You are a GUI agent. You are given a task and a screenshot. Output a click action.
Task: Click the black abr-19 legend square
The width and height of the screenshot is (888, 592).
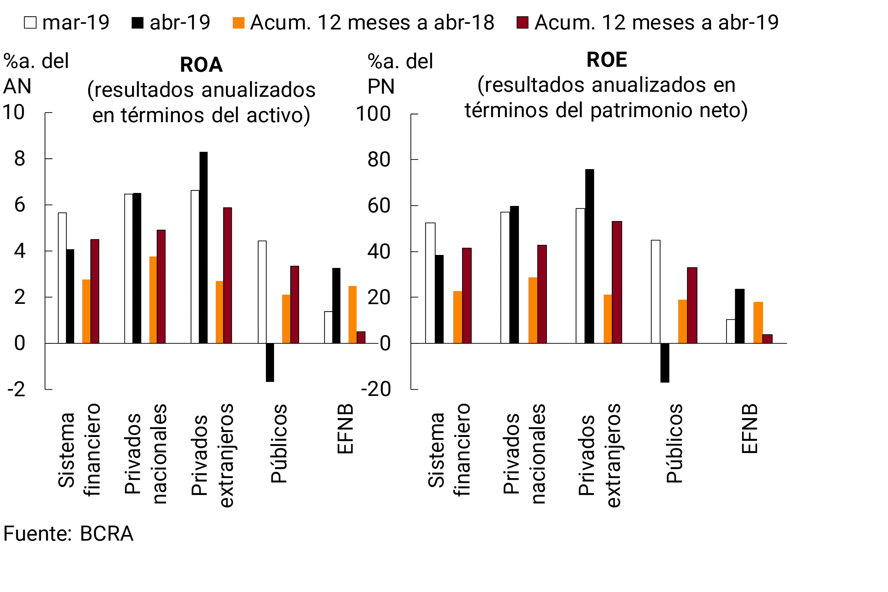pos(138,23)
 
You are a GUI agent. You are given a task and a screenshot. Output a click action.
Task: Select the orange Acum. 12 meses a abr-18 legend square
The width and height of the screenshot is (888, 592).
pos(238,23)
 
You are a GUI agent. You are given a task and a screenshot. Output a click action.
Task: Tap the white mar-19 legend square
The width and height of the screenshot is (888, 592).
pos(30,23)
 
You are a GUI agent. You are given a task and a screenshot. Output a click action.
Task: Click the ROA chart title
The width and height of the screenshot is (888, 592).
pos(201,65)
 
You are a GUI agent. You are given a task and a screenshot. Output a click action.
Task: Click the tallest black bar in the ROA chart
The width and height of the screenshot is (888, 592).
pos(204,248)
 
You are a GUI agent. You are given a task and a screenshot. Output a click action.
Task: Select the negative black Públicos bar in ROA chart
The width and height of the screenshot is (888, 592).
pos(270,362)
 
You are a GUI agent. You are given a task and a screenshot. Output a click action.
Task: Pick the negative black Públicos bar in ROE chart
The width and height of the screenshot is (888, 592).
pos(665,363)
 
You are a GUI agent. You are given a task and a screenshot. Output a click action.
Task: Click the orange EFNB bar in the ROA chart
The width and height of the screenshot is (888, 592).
pos(352,314)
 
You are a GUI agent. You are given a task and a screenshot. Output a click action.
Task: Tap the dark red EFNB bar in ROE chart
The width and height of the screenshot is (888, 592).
pos(767,339)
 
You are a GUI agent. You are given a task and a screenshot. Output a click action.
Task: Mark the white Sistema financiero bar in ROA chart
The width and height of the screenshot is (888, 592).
pos(62,278)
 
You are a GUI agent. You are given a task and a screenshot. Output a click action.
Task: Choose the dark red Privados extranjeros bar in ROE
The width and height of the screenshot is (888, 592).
pos(617,283)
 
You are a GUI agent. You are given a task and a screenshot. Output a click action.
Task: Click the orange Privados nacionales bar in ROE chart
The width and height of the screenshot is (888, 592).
pos(533,310)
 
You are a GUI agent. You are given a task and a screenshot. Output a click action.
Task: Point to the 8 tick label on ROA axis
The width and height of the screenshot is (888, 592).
pos(20,159)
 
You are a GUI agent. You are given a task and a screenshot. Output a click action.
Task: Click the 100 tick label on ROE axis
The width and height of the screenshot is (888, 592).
pos(373,114)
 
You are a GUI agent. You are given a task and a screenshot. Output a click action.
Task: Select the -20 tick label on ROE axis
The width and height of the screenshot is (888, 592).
pos(376,389)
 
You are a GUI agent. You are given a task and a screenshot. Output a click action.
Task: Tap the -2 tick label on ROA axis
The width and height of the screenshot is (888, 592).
pos(16,389)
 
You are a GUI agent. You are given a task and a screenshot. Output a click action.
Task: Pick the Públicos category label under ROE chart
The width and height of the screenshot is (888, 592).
pos(674,443)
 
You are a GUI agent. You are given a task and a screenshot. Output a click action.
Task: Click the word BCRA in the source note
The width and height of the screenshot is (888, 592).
pos(106,533)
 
